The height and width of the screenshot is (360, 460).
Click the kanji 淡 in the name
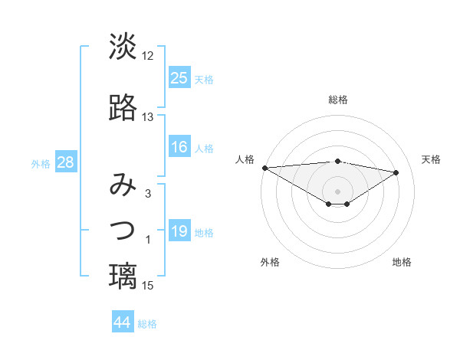[x=123, y=47]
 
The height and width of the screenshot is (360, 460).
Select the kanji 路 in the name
[x=123, y=109]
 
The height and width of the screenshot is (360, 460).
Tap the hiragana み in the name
[x=123, y=186]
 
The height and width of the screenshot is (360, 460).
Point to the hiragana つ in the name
[x=123, y=230]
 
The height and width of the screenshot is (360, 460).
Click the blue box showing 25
[x=179, y=78]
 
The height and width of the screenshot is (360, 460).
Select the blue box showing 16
[x=179, y=147]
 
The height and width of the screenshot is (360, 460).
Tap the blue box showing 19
[x=179, y=231]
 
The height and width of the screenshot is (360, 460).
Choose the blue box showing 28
[x=64, y=162]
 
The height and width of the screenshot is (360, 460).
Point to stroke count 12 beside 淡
[x=148, y=56]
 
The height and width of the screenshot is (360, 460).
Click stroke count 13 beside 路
[x=148, y=117]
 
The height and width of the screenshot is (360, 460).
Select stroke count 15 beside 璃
[x=148, y=286]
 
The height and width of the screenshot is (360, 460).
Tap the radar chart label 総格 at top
[x=337, y=100]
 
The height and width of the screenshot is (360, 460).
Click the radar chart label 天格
[x=431, y=159]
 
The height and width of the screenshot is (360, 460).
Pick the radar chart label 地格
[x=402, y=262]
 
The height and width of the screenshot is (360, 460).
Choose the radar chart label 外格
[x=270, y=262]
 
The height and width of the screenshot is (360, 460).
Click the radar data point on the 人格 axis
[x=264, y=168]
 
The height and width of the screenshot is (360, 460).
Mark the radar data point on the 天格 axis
[x=396, y=172]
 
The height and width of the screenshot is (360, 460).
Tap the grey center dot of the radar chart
[x=337, y=190]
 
